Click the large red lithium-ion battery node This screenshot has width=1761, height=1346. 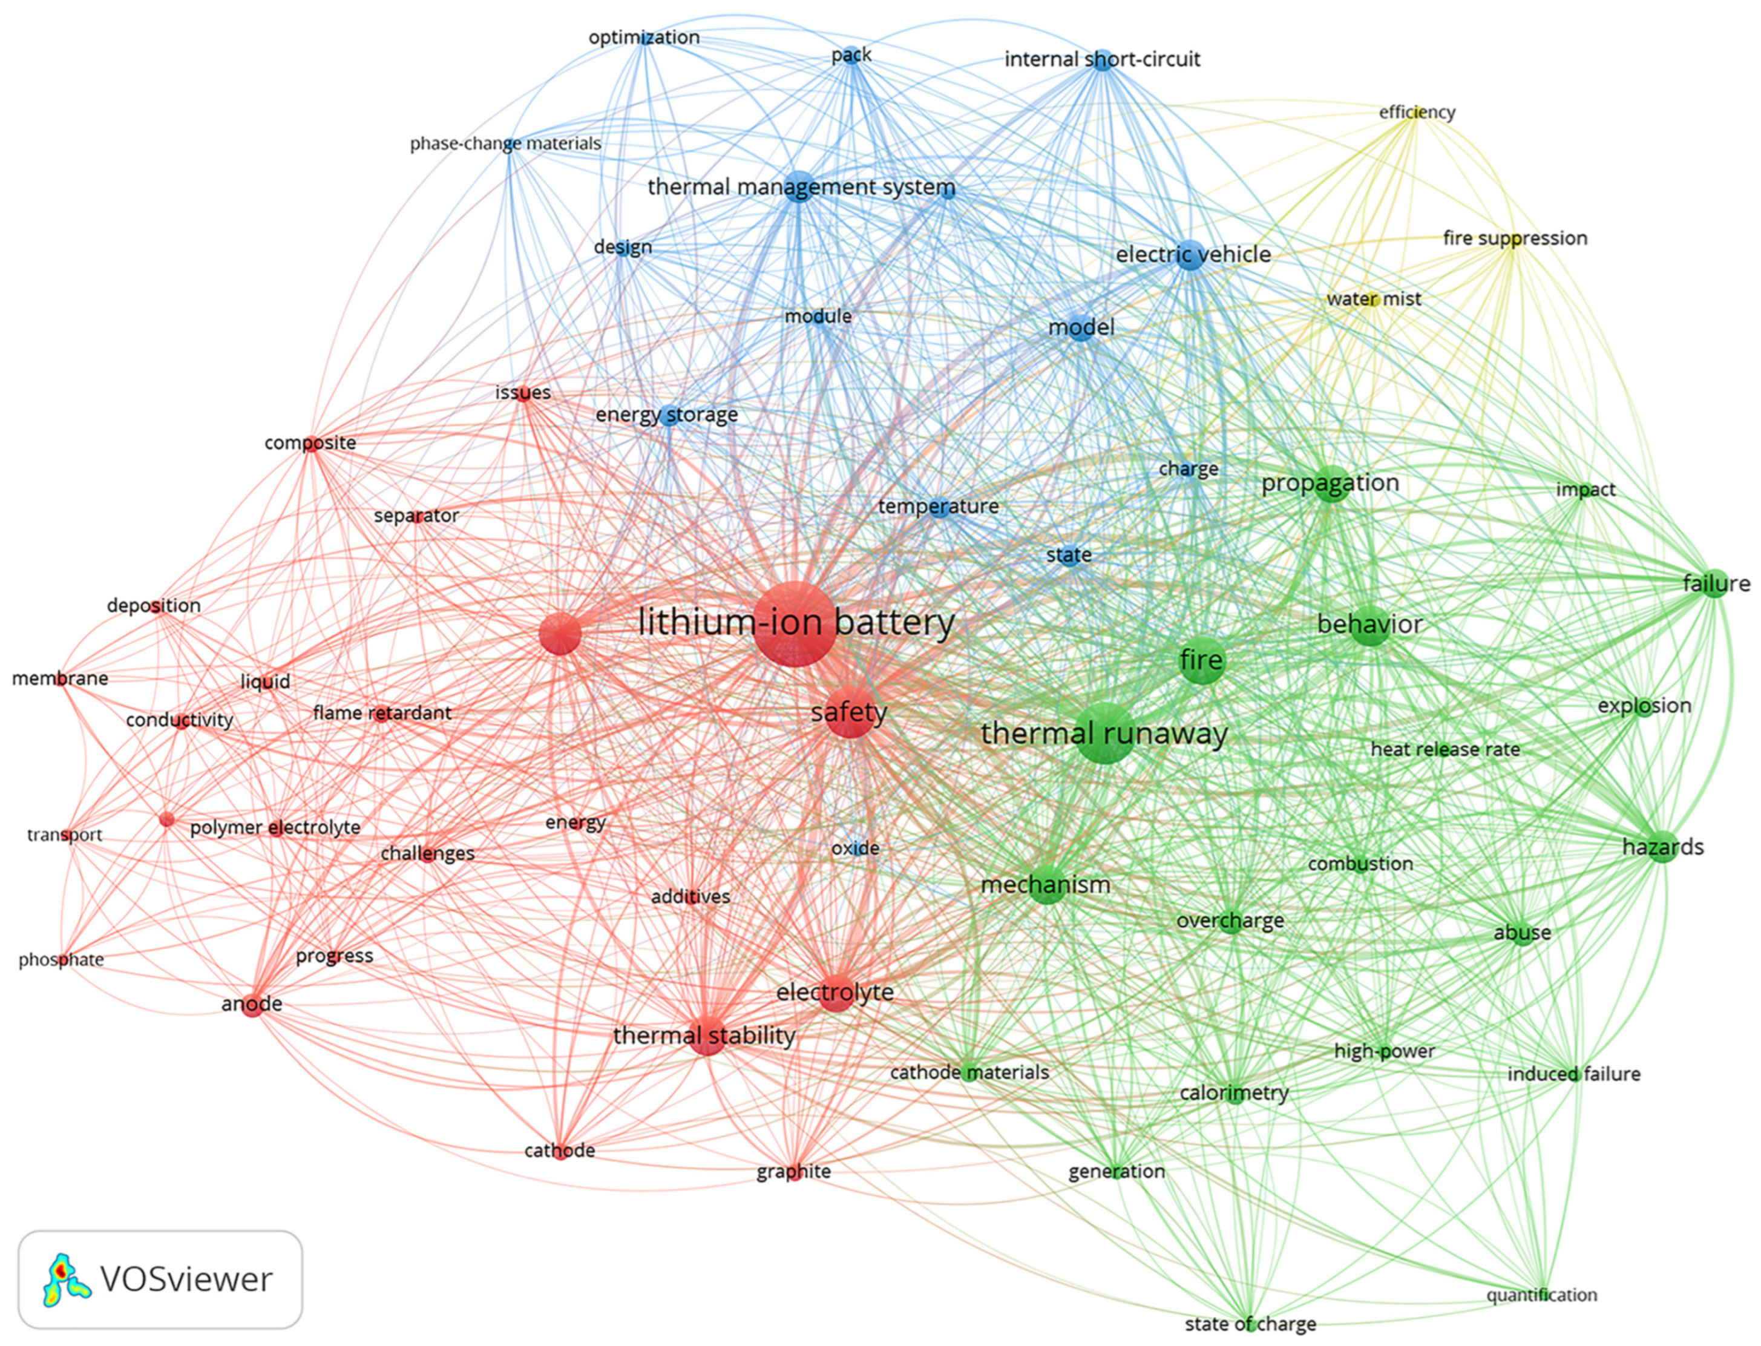tap(794, 624)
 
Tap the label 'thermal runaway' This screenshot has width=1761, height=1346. tap(1104, 733)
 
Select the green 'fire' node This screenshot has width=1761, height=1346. tap(1202, 660)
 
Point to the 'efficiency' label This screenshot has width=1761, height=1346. tap(1417, 112)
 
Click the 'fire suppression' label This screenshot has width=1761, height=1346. tap(1514, 238)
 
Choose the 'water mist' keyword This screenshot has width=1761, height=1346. tap(1373, 299)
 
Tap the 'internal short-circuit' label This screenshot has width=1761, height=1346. tap(1103, 59)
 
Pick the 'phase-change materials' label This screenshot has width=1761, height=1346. tap(505, 143)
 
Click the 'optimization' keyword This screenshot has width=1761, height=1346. tap(643, 37)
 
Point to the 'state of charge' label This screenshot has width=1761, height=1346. tap(1250, 1324)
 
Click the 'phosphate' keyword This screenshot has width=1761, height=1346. tap(61, 959)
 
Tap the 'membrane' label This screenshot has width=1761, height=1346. tap(60, 678)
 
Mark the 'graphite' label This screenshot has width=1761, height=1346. tap(793, 1171)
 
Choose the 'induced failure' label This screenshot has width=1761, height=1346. tap(1573, 1074)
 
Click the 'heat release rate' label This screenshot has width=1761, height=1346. tap(1445, 749)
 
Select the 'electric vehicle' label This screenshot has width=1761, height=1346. tap(1193, 255)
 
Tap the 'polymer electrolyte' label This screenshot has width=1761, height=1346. tap(275, 827)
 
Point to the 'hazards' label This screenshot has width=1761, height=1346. tap(1662, 847)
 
